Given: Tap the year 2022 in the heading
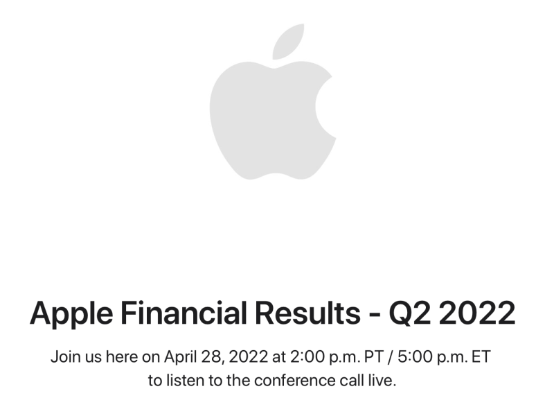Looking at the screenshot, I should (479, 313).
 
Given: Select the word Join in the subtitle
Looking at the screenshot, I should (64, 358).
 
